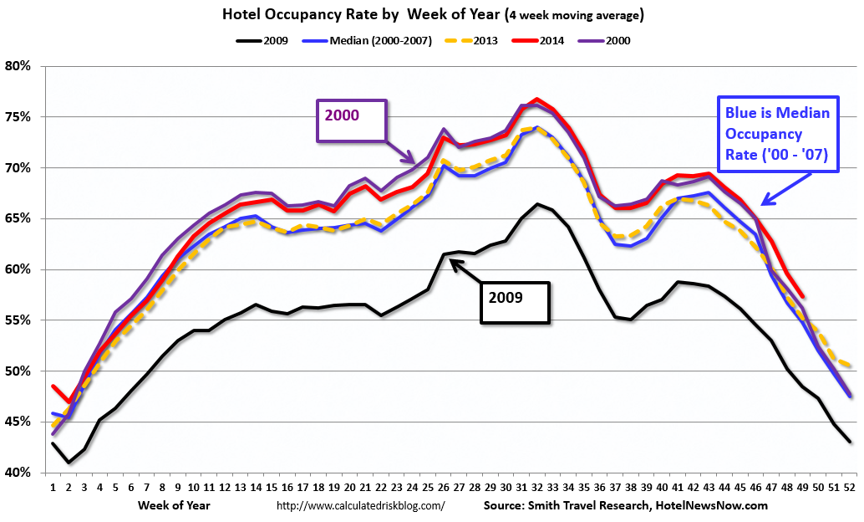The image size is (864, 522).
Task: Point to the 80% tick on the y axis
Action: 18,66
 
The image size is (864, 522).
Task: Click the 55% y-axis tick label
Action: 18,320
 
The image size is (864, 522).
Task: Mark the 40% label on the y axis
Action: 18,473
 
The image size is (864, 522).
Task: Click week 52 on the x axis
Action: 849,487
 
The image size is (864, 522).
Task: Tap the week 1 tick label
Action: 53,487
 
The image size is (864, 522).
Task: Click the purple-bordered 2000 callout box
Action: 351,121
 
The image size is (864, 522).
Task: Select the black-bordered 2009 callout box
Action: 515,301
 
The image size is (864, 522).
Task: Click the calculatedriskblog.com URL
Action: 360,506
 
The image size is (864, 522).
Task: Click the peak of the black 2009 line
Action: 537,203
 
